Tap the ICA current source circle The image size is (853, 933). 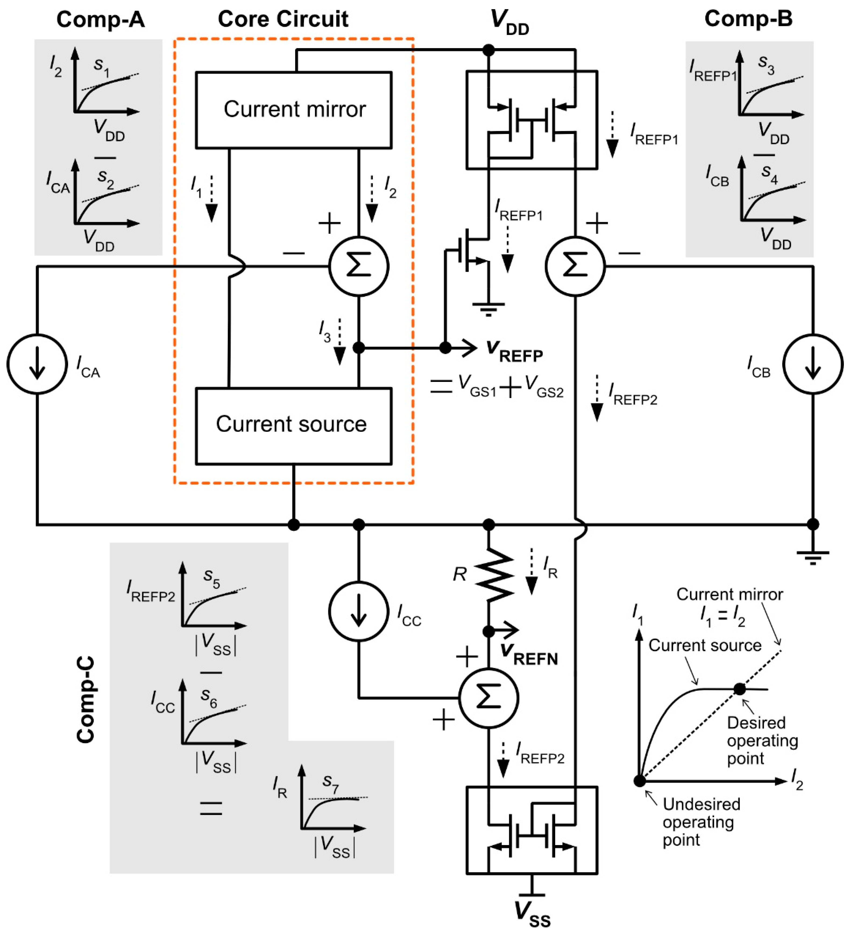pos(37,364)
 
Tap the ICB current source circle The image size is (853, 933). pos(813,364)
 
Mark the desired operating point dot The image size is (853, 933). pos(739,689)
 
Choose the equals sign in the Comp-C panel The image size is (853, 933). pos(211,808)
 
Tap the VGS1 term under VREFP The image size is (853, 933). pos(477,385)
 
